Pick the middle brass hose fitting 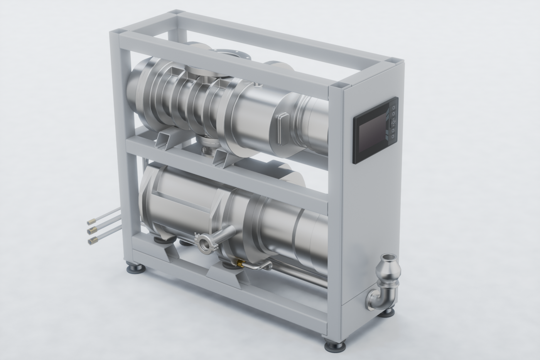(92, 231)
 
